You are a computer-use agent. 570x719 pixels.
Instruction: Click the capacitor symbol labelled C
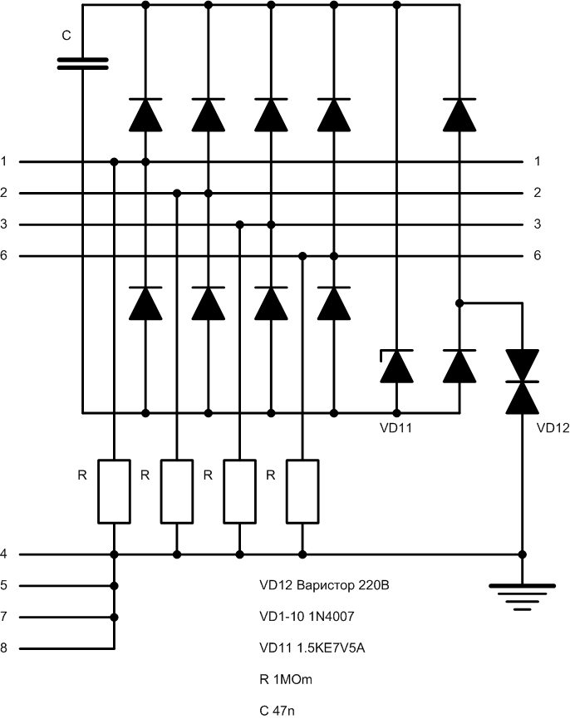tap(83, 64)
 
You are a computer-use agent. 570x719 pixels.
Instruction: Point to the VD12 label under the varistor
tap(553, 429)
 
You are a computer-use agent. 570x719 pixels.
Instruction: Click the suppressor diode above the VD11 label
tap(396, 367)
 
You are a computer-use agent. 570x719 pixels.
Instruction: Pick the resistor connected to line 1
tap(115, 490)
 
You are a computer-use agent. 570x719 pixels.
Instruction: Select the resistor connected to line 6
tap(302, 490)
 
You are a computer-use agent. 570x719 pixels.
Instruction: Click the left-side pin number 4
tap(5, 554)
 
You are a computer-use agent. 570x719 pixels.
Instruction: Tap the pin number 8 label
tap(5, 649)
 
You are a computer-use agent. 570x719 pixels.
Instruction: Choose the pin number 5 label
tap(5, 585)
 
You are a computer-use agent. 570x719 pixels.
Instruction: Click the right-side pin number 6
tap(538, 256)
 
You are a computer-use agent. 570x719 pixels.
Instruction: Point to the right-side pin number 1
tap(538, 161)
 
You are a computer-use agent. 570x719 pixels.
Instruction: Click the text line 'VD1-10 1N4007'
tap(312, 617)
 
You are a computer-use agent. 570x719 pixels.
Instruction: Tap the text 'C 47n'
tap(278, 711)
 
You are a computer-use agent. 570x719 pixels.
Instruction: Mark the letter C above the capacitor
tap(67, 37)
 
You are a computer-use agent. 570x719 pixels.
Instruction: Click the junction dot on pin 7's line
tap(115, 618)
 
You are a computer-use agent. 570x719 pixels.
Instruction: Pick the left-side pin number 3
tap(5, 224)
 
